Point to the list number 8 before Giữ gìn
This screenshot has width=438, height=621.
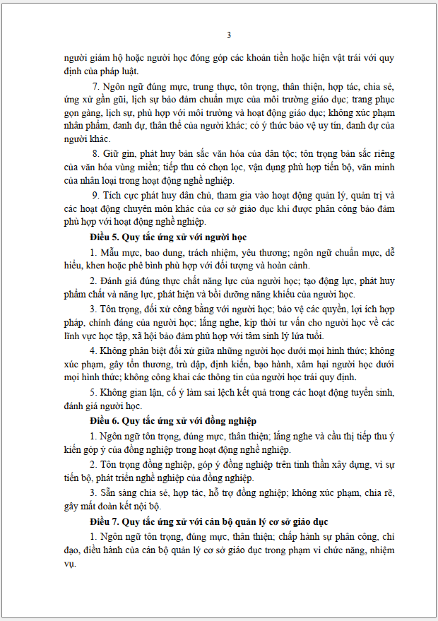[95, 153]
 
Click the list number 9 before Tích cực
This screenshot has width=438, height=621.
[95, 194]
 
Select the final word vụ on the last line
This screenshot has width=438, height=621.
[69, 564]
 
